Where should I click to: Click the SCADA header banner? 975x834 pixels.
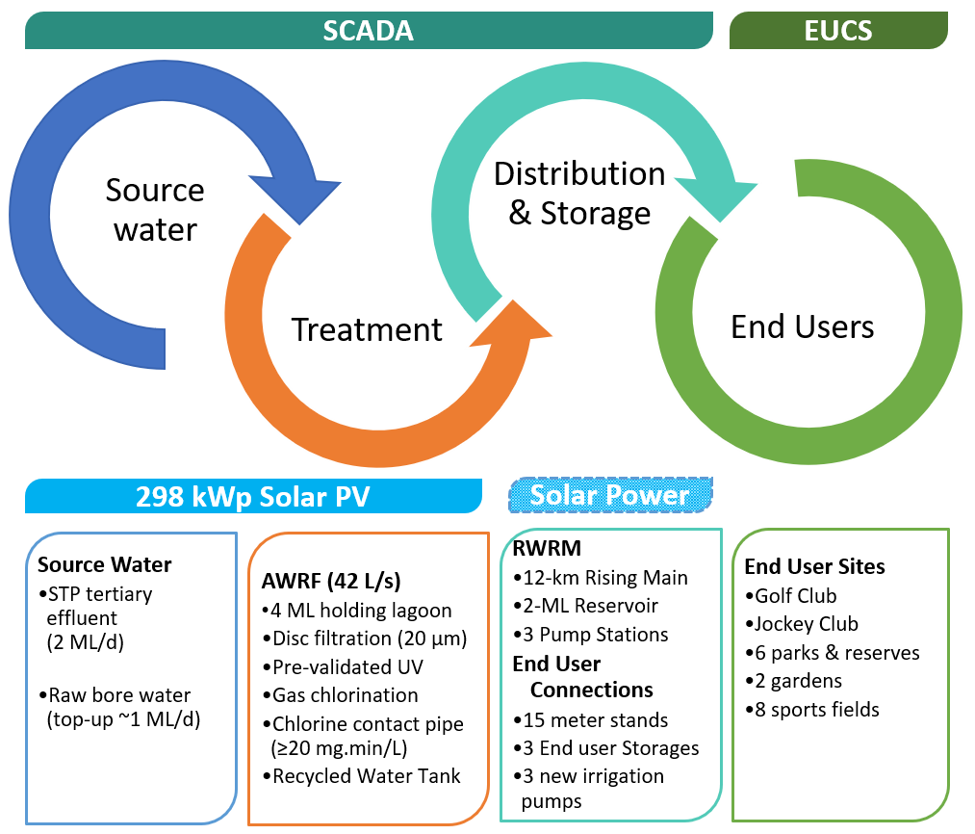368,31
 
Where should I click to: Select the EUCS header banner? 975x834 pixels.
837,31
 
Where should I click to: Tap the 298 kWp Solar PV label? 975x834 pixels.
252,496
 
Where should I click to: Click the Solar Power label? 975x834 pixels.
610,495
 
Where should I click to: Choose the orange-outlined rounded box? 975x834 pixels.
369,679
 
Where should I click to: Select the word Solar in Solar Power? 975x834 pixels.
564,495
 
